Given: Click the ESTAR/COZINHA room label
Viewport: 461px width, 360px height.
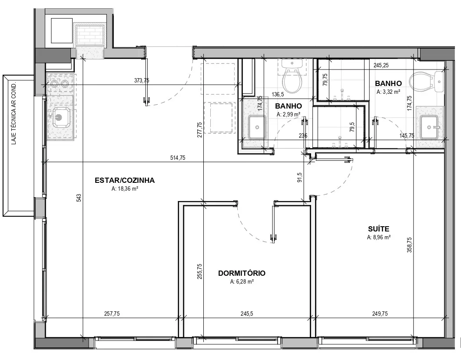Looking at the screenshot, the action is coord(125,180).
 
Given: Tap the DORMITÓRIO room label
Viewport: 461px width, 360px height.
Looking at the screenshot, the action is coord(242,273).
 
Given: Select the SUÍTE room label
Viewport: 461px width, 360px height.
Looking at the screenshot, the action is coord(379,228).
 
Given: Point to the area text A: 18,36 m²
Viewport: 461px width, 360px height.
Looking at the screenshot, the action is coord(125,188).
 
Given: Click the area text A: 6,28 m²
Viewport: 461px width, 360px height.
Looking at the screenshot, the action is coord(242,281).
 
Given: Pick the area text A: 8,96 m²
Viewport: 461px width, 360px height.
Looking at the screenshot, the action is coord(379,237).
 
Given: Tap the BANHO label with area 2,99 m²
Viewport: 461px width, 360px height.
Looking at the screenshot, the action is coord(288,106).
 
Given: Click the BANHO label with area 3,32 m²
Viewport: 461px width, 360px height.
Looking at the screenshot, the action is coord(388,83).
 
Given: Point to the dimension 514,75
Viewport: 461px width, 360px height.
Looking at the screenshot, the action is coord(178,158).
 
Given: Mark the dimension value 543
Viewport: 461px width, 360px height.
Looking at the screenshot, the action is coord(79,198).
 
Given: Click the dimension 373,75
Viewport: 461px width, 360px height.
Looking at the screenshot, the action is coord(142,80).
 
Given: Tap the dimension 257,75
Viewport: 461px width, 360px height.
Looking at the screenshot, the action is coord(112,314).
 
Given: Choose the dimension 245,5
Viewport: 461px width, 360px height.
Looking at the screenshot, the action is coord(247,314).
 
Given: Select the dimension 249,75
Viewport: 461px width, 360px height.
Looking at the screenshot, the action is coord(380,314).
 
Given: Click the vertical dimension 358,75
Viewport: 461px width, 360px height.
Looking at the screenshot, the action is coord(410,245).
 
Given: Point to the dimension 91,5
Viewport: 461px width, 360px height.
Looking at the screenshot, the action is coord(299,178).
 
